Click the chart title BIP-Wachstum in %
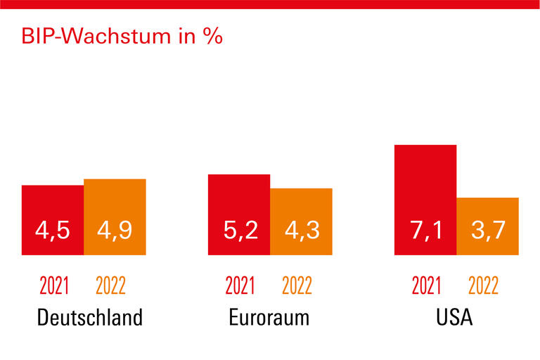[x=122, y=37]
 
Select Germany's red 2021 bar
[x=53, y=204]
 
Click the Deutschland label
[x=89, y=318]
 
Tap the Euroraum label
[x=269, y=318]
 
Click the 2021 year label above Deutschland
[x=54, y=286]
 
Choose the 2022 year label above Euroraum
[x=297, y=286]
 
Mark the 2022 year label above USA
[x=483, y=286]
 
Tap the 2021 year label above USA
[x=426, y=286]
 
